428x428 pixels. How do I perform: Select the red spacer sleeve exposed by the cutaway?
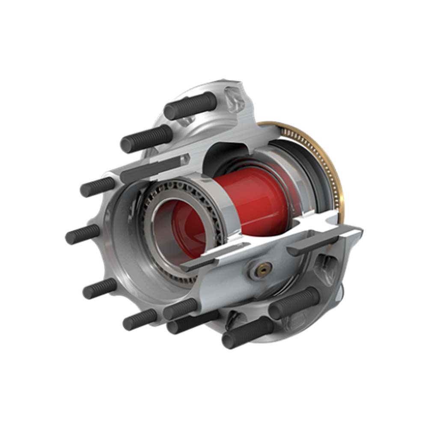(x=253, y=193)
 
